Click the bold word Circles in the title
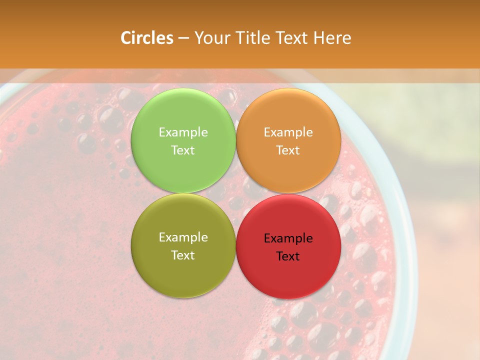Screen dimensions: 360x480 click(146, 38)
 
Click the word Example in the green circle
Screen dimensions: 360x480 click(183, 132)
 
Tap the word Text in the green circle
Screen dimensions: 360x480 click(183, 150)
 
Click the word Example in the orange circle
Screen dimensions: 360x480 click(288, 132)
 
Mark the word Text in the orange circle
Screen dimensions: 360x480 click(288, 150)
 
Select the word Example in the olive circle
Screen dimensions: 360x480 click(183, 237)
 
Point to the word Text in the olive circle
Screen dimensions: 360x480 click(183, 255)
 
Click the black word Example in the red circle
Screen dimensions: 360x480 click(288, 238)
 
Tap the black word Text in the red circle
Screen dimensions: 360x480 click(288, 256)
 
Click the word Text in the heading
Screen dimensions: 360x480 click(291, 38)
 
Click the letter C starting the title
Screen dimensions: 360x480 click(125, 38)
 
